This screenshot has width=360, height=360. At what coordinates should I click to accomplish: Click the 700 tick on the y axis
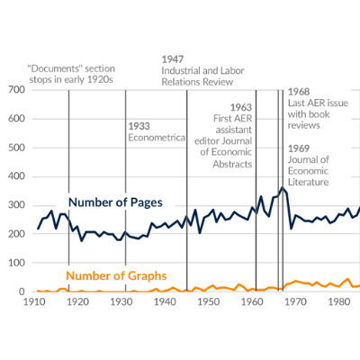[16, 89]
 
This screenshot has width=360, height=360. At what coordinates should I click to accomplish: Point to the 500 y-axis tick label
[16, 148]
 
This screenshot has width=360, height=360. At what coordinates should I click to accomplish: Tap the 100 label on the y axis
[16, 263]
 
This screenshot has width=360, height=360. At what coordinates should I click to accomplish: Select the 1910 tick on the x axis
[34, 301]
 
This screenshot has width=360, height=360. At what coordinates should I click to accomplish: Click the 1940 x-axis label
[165, 301]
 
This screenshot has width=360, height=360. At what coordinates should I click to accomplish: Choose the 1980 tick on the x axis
[339, 301]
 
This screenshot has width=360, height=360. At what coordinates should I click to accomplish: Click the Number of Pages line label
[115, 202]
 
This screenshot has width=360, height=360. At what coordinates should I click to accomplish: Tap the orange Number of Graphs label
[116, 275]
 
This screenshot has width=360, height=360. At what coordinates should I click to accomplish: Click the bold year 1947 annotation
[173, 59]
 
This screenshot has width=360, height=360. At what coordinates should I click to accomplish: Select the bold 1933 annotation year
[139, 126]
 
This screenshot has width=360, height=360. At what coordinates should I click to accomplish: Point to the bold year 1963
[241, 107]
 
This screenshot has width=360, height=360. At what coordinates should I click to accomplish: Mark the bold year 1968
[299, 92]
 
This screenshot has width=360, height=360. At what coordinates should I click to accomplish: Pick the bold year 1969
[299, 148]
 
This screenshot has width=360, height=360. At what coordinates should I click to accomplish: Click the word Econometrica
[157, 138]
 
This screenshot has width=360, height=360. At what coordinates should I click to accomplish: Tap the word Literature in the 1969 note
[309, 182]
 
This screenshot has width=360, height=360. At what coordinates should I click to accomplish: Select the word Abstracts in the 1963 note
[232, 164]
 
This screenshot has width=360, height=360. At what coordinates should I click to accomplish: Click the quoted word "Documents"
[55, 68]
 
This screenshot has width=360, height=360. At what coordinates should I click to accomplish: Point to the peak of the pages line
[282, 187]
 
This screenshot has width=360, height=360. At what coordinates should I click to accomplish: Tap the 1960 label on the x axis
[252, 301]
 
